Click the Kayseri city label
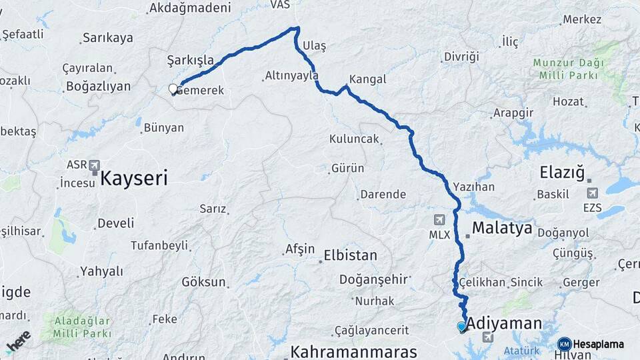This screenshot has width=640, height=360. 133,178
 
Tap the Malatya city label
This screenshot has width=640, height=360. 502,229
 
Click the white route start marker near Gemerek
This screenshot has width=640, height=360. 173,89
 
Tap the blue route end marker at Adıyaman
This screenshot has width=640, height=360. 461,326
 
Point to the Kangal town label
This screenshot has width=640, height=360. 367,79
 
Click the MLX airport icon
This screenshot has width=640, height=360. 439,220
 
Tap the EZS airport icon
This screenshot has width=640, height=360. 591,193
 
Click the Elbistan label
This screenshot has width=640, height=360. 350,255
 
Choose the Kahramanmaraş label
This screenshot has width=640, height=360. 353,351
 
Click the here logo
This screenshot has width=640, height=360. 19,340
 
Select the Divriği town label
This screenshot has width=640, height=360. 461,57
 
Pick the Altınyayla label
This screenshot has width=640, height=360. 291,75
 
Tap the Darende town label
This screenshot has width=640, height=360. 383,195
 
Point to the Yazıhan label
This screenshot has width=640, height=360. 473,187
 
